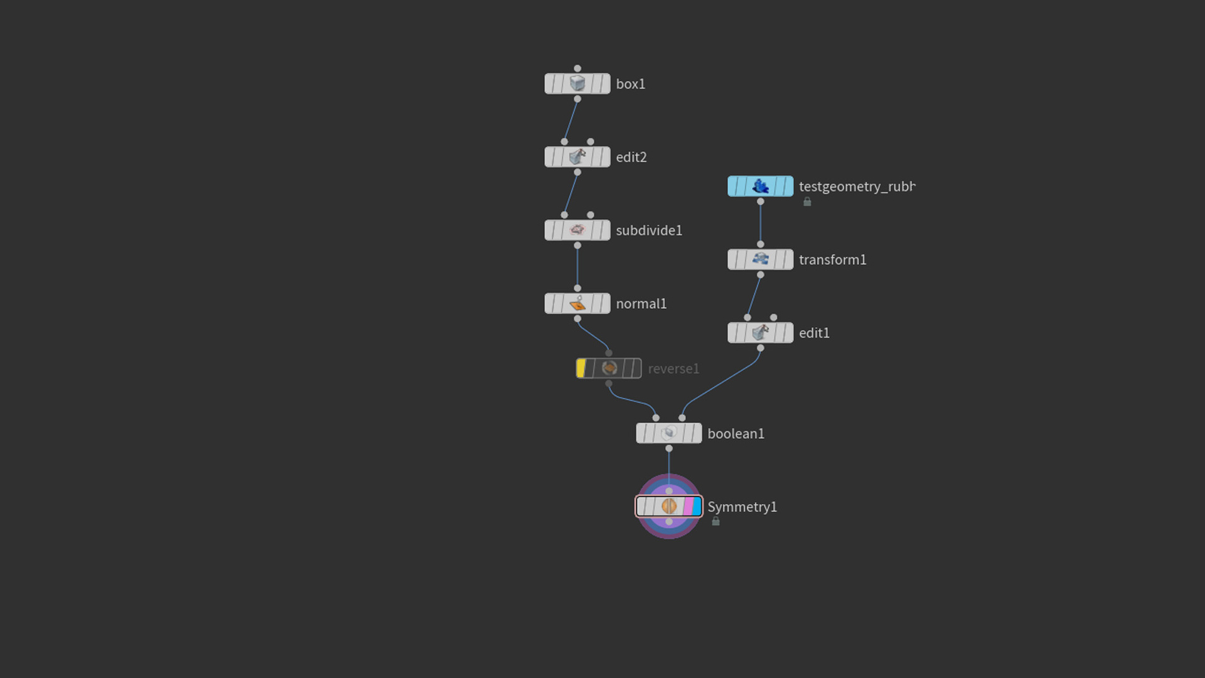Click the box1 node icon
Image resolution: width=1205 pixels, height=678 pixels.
[577, 83]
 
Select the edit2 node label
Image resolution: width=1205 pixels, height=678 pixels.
[631, 157]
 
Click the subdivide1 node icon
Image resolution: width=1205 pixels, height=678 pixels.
[577, 230]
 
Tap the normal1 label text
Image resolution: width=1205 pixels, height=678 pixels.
[641, 304]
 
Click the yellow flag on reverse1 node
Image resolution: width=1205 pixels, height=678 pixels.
[581, 369]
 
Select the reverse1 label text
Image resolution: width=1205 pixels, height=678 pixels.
[673, 369]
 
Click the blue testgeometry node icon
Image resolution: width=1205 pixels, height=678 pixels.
[761, 186]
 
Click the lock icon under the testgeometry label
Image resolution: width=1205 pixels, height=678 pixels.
[807, 202]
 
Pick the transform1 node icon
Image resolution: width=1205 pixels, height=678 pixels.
[761, 259]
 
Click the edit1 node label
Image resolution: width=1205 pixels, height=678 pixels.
[814, 333]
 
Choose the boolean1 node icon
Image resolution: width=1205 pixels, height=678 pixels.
[669, 433]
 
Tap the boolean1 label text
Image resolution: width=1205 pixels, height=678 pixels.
[736, 434]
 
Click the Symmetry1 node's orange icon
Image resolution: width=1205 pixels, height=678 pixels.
[669, 506]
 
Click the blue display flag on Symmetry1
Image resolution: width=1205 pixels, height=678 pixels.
[697, 506]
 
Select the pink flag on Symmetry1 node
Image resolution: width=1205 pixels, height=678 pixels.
[688, 506]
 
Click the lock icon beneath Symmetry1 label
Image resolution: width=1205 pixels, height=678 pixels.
[715, 522]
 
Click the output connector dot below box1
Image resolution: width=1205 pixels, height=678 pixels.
[577, 99]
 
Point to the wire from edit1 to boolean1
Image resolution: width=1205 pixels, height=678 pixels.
[722, 383]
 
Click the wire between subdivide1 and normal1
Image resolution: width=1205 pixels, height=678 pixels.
[577, 267]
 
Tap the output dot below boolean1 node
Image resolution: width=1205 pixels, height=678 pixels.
[669, 448]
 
